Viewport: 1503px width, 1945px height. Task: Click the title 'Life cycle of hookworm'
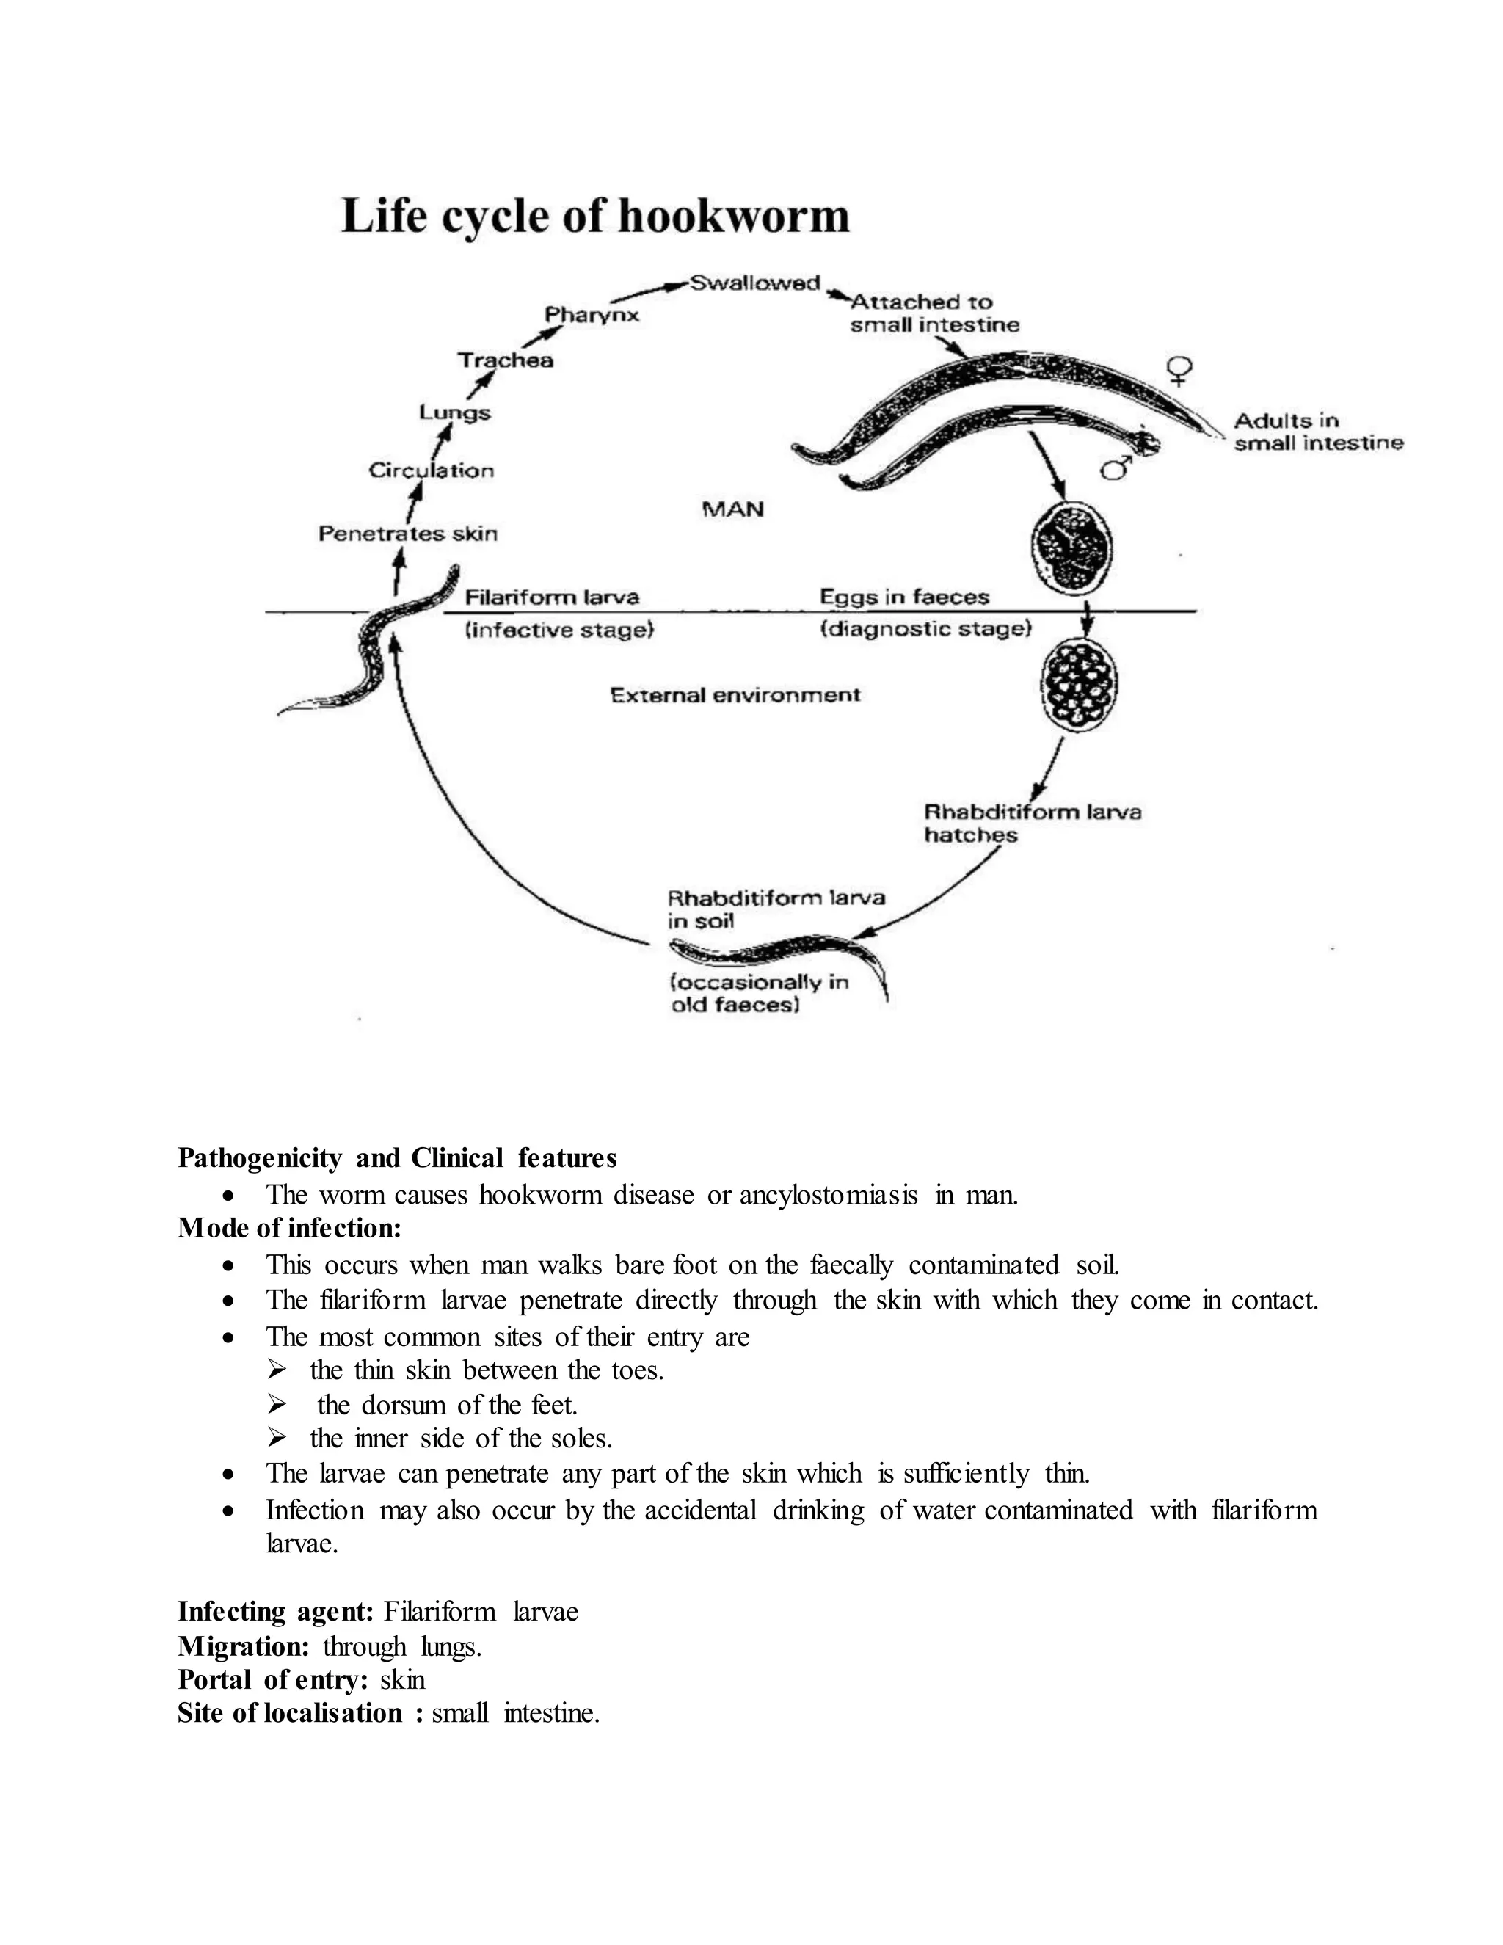tap(594, 217)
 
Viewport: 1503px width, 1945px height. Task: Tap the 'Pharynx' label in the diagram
tap(592, 316)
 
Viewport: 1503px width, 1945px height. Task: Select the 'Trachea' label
tap(505, 360)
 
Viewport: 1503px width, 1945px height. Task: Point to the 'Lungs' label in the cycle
tap(454, 412)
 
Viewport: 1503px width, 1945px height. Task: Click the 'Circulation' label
tap(431, 470)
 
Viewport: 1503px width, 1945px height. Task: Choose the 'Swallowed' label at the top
tap(755, 283)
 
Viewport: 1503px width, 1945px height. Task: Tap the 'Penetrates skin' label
tap(408, 534)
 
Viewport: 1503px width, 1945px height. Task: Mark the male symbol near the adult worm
tap(1116, 467)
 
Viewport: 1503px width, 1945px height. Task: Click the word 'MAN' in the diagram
tap(733, 509)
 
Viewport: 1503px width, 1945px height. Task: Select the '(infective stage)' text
tap(559, 630)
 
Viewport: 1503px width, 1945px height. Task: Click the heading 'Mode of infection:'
tap(289, 1228)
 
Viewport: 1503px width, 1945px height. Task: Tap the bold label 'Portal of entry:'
tap(272, 1679)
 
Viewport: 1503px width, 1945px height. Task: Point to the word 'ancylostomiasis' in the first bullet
tap(828, 1194)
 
